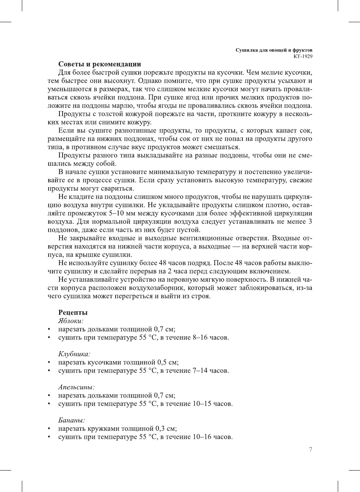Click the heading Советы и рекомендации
(x=99, y=64)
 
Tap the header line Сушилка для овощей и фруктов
(x=274, y=50)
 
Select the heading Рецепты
(x=73, y=312)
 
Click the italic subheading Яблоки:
(x=71, y=321)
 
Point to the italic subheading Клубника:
(x=74, y=354)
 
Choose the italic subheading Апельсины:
(x=76, y=387)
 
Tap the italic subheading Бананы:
(x=72, y=420)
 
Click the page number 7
(x=310, y=449)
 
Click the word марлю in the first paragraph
(x=114, y=106)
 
